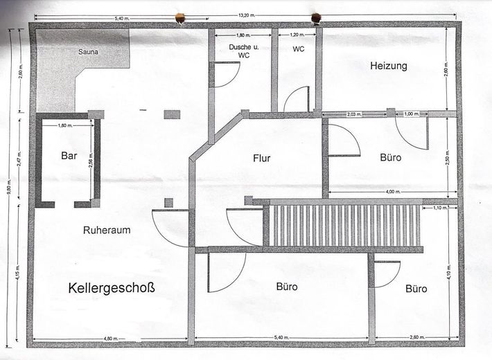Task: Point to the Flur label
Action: tap(261, 158)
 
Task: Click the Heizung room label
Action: tap(389, 66)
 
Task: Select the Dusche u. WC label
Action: tap(239, 51)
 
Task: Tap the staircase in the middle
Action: tap(343, 224)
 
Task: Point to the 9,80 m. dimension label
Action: tap(11, 186)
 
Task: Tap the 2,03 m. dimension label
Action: tap(353, 114)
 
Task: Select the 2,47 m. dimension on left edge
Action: tap(20, 159)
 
